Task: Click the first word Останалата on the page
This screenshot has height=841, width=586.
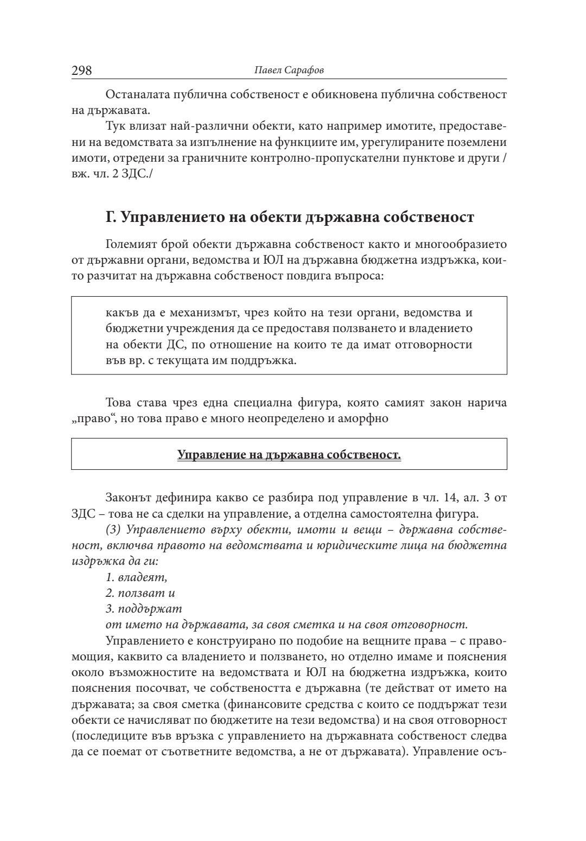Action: (x=135, y=95)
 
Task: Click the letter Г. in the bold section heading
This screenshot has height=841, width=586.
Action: (x=111, y=217)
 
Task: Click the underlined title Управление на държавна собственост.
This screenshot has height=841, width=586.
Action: (x=289, y=454)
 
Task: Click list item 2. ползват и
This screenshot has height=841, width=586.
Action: (x=140, y=593)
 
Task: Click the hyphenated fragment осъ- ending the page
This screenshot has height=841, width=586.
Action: (x=495, y=752)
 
